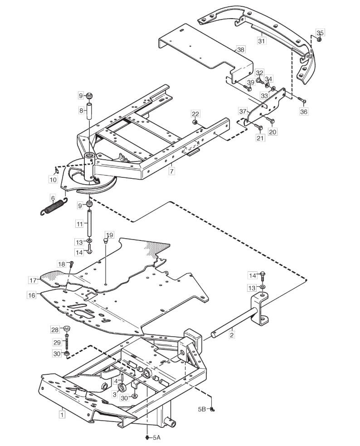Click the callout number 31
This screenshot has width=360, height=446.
point(261,41)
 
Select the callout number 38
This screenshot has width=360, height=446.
point(240,50)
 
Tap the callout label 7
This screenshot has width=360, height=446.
point(171,171)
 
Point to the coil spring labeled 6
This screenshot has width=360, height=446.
point(54,206)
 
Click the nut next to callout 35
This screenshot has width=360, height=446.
point(319,39)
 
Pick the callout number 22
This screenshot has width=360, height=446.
point(195,114)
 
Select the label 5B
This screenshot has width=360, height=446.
point(202,409)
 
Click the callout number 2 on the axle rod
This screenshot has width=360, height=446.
point(232,335)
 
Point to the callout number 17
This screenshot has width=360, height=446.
point(33,280)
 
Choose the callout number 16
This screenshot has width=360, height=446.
point(32,295)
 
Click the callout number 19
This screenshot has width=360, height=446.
point(109,235)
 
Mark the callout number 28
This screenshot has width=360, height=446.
point(55,330)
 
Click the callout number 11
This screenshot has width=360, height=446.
point(79,224)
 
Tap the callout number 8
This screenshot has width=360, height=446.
point(81,110)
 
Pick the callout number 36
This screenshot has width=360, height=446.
point(304,112)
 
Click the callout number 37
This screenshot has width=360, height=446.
point(242,110)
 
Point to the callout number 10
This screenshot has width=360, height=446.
point(53,180)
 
